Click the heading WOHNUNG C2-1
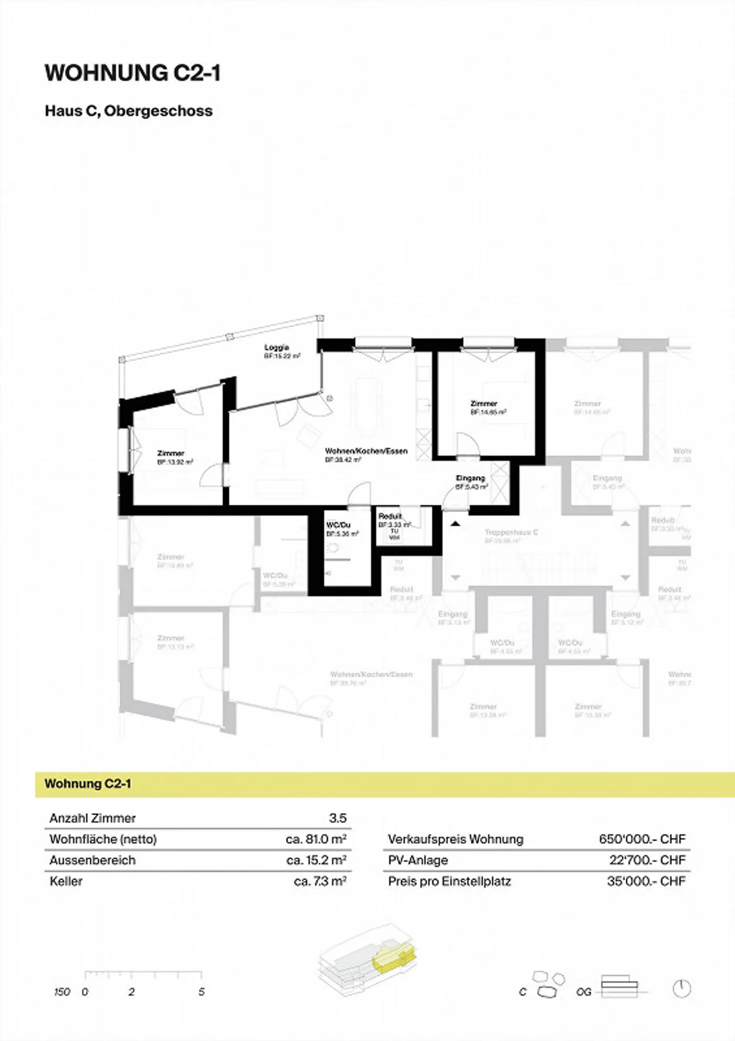[133, 73]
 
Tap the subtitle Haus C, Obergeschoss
[129, 111]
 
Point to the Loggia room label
[277, 348]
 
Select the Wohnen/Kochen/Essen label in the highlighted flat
[366, 451]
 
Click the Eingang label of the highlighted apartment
[470, 478]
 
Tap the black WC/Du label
[338, 525]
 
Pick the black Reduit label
[390, 516]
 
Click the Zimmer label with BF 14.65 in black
[484, 404]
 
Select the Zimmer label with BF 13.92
[171, 453]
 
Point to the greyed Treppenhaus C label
[511, 532]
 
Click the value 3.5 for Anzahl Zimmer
[337, 818]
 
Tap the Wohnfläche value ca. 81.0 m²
[316, 839]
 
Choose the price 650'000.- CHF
[642, 839]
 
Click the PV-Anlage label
[418, 860]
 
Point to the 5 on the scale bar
[202, 991]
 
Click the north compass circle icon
[681, 989]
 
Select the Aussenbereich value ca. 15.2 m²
[316, 860]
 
